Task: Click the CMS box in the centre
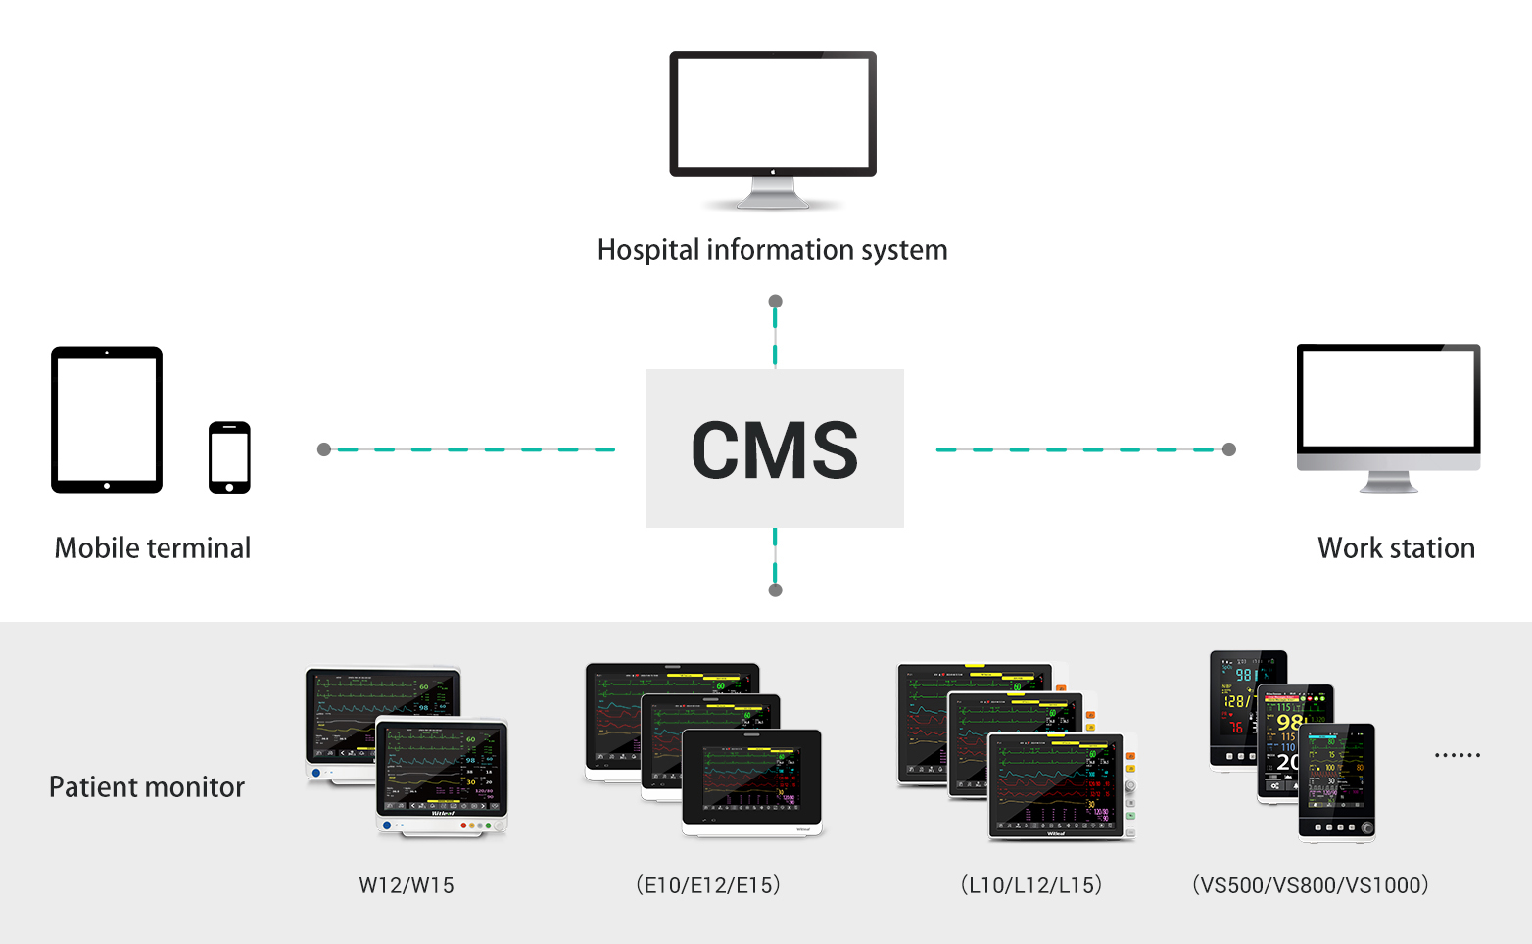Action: tap(775, 448)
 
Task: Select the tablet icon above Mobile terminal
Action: tap(107, 419)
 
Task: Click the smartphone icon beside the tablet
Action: tap(229, 457)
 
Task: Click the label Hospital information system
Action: tap(772, 250)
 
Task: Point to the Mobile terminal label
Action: tap(153, 547)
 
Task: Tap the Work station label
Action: tap(1396, 547)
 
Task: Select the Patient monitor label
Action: tap(147, 787)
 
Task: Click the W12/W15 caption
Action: tap(407, 885)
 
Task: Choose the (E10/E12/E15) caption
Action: tap(708, 885)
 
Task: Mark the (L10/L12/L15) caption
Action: tap(1031, 885)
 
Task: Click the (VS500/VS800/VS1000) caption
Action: tap(1311, 885)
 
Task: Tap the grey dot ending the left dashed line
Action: tap(324, 449)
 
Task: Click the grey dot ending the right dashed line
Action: tap(1229, 449)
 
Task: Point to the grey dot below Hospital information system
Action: tap(775, 302)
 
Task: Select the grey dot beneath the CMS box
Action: tap(775, 590)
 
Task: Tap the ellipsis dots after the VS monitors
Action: tap(1457, 755)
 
